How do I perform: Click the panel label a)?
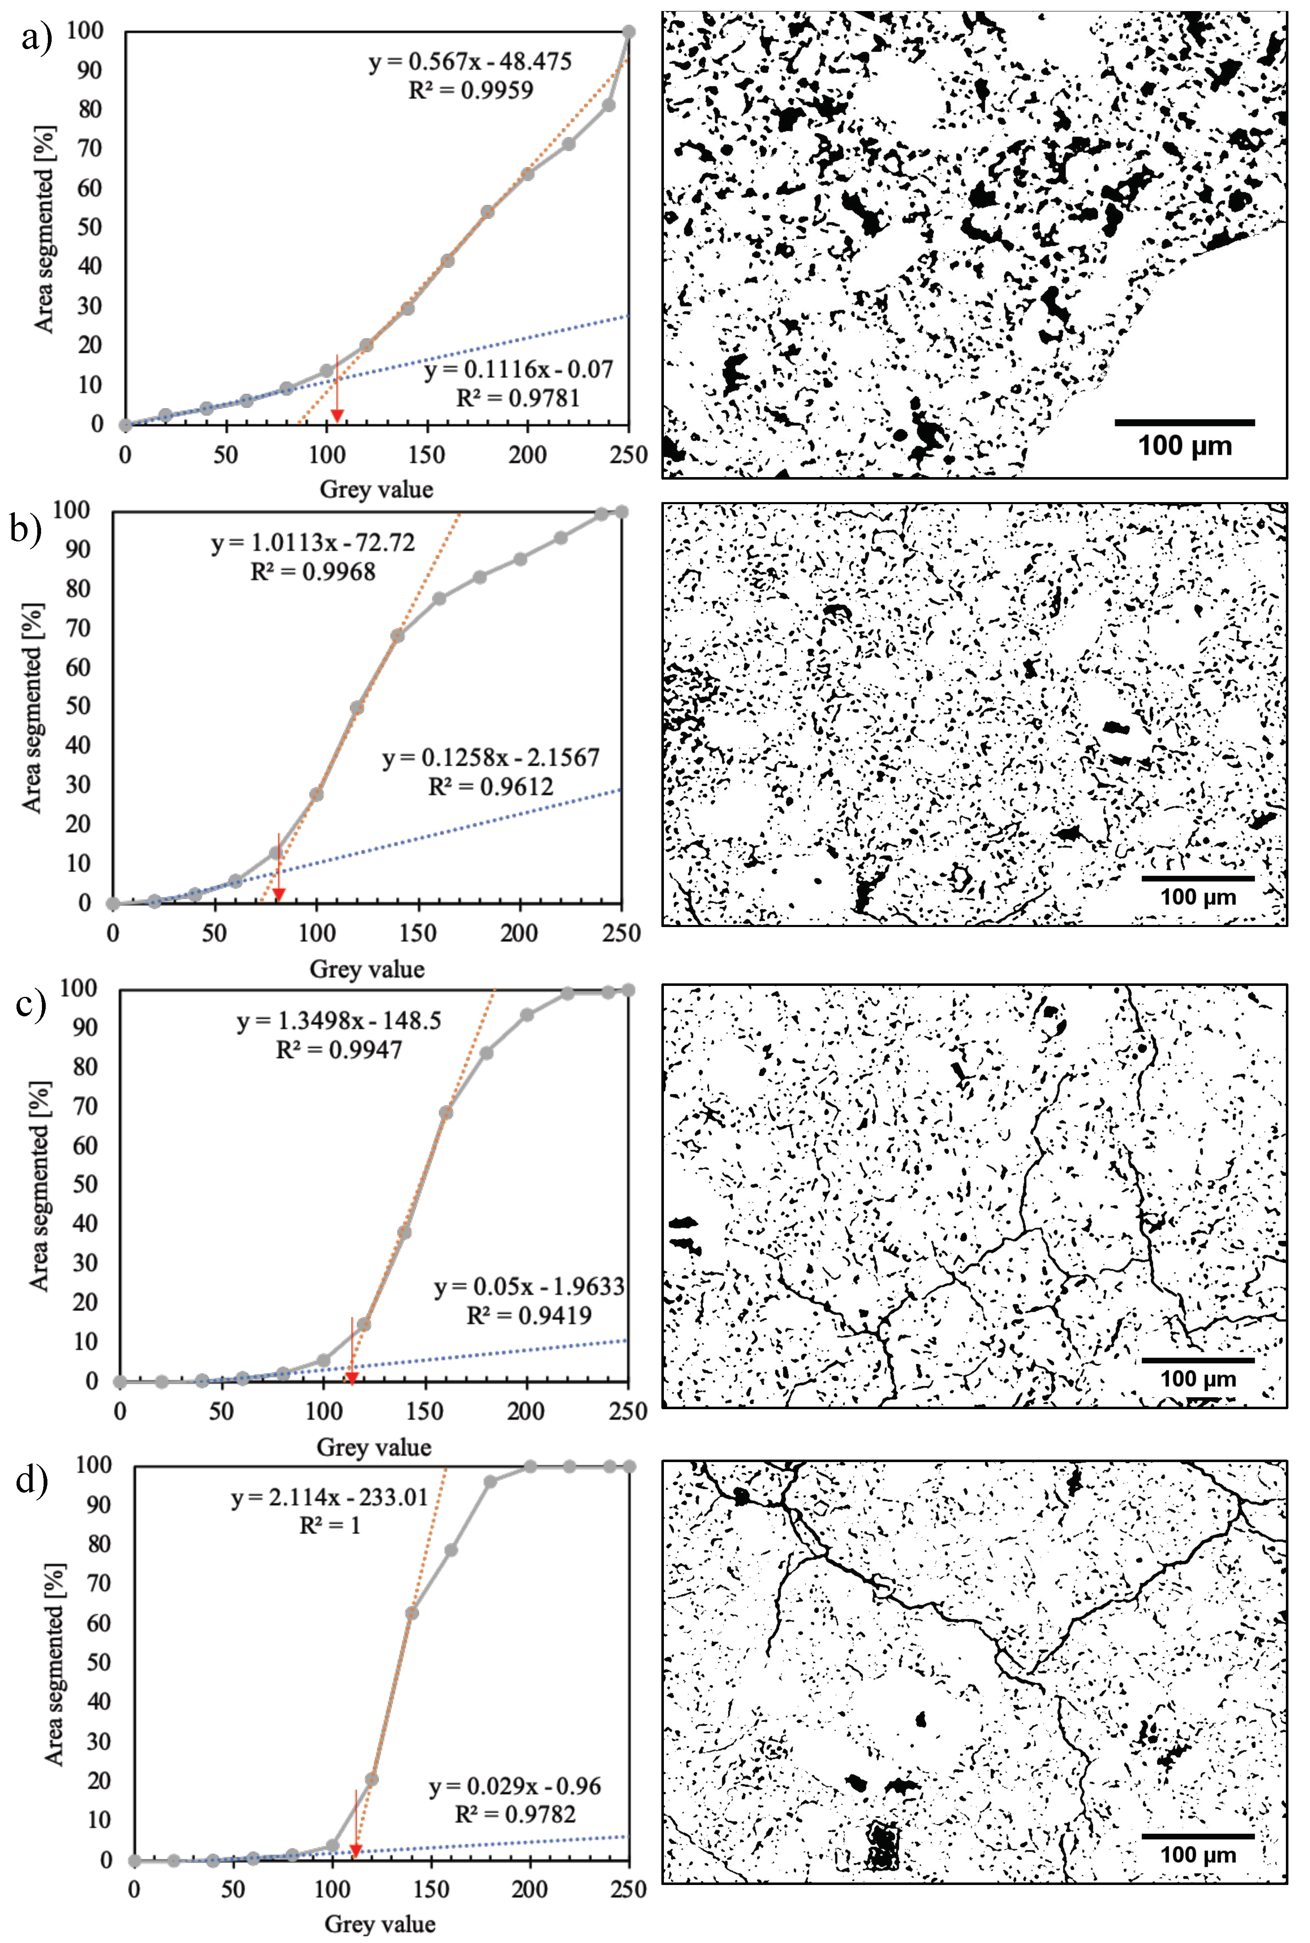pos(35,38)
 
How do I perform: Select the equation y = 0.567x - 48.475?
pos(470,62)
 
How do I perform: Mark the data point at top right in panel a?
pos(628,32)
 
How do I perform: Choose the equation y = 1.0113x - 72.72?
pos(313,543)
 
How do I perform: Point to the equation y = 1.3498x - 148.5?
pos(339,1021)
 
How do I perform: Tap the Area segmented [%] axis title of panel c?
pos(39,1186)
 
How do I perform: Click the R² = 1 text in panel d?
pos(330,1525)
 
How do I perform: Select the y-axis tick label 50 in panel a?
pos(89,227)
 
